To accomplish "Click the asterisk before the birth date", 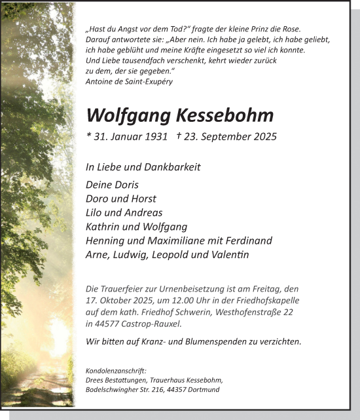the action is [88, 136].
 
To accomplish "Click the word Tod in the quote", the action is [166, 29].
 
